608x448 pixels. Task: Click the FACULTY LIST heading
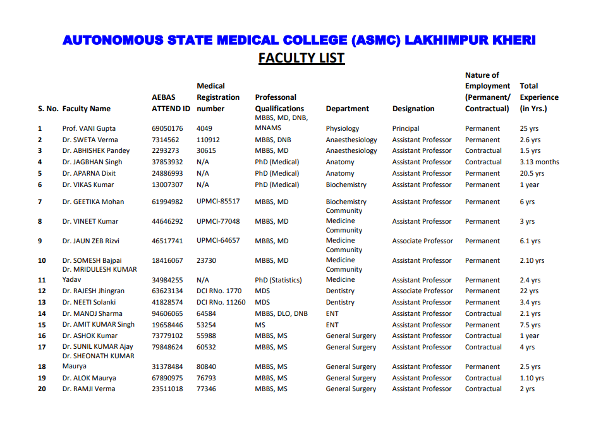[x=301, y=58]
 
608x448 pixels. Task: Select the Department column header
[x=347, y=109]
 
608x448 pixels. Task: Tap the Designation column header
[x=413, y=109]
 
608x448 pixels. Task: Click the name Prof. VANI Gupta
[x=89, y=128]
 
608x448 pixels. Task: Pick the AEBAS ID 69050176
[x=167, y=128]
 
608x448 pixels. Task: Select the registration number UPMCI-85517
[x=218, y=202]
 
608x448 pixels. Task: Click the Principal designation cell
[x=406, y=128]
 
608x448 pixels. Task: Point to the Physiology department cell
[x=343, y=128]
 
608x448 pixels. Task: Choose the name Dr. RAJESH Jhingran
[x=94, y=291]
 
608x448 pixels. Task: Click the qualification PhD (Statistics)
[x=279, y=280]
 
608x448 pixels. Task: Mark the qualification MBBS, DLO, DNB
[x=281, y=313]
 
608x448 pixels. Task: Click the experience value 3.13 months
[x=539, y=162]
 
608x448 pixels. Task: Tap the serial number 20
[x=42, y=389]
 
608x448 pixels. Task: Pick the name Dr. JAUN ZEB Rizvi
[x=92, y=241]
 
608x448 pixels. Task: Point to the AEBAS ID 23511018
[x=167, y=389]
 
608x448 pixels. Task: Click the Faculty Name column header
[x=87, y=109]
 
